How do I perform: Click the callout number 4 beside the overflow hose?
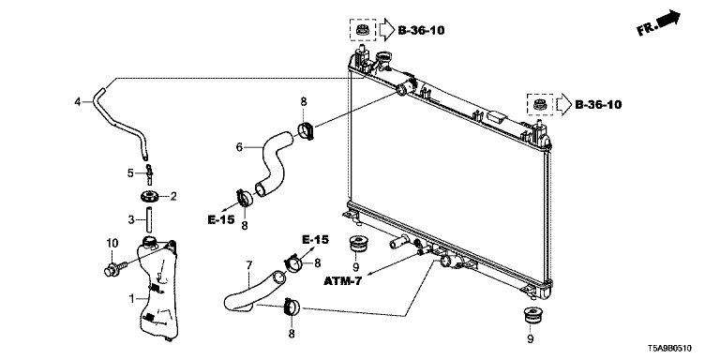point(78,101)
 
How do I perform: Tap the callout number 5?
point(130,173)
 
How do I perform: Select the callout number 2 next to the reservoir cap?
point(173,197)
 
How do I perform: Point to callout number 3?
point(131,220)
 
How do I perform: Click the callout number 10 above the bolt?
point(112,242)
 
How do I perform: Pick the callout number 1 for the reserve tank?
point(132,299)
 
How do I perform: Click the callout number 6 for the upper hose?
point(239,147)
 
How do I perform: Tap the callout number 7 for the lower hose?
point(249,265)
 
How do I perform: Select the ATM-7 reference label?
point(342,280)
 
